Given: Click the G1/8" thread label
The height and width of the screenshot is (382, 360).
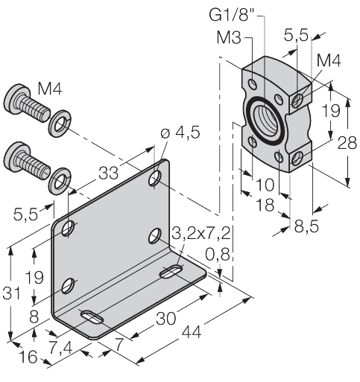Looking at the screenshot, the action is [x=232, y=15].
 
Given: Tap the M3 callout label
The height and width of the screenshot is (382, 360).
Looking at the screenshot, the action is [x=229, y=38].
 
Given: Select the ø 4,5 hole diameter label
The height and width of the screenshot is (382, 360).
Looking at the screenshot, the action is [x=180, y=133].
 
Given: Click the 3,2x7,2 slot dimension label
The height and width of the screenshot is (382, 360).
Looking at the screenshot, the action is [x=200, y=234].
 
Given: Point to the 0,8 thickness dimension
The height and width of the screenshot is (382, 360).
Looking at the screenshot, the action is [x=218, y=255].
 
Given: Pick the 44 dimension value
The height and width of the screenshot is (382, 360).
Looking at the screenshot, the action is [x=191, y=332].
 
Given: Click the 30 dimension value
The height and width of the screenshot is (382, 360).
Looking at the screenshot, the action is [x=165, y=319].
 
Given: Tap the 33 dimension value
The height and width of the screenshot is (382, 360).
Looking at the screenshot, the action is [x=108, y=173].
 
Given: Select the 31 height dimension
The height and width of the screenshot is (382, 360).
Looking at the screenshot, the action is [x=11, y=293].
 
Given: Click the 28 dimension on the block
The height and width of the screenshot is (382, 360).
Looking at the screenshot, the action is [x=347, y=143].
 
